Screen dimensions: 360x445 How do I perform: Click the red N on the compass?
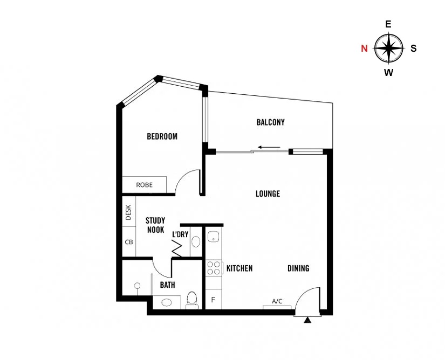365,48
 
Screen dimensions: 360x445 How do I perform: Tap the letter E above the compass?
388,24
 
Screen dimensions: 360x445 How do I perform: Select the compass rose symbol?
388,48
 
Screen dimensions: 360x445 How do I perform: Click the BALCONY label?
270,122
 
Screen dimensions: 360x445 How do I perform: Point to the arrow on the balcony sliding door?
269,147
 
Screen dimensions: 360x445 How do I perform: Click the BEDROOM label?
162,136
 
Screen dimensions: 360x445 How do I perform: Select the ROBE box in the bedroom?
144,184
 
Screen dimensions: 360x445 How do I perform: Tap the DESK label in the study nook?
128,213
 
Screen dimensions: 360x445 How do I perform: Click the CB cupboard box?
129,242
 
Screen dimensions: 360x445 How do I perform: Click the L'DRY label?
180,234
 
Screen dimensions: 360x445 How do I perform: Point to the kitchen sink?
214,237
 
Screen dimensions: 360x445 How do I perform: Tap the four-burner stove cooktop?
213,268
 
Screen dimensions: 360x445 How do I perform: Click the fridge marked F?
213,300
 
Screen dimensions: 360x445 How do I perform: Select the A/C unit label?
277,301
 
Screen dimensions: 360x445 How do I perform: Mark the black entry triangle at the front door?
308,321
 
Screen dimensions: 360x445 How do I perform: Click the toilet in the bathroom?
191,299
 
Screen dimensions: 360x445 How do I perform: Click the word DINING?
298,268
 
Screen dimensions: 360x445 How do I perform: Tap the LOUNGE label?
268,193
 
